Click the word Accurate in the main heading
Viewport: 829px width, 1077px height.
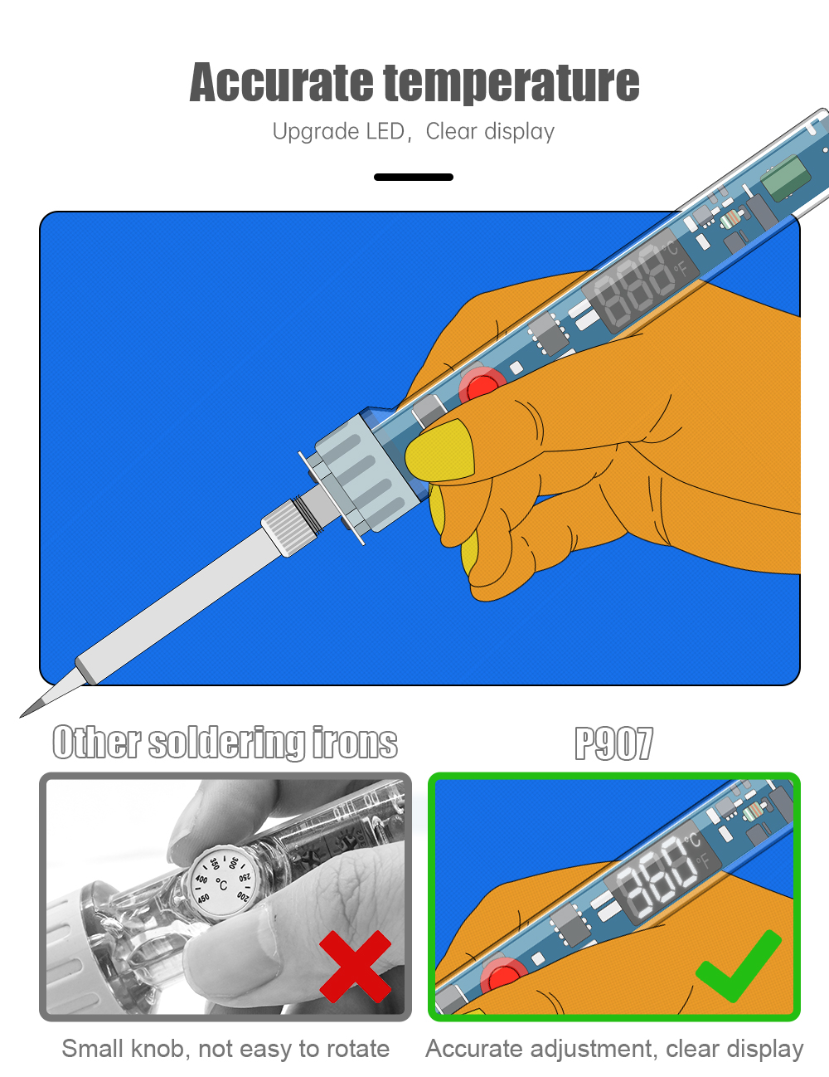pos(281,83)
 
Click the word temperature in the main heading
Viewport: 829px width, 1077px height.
pos(511,83)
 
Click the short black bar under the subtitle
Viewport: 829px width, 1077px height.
pos(413,177)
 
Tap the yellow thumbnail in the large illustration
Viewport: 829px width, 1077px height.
pos(440,450)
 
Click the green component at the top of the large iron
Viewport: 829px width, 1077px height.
pos(784,177)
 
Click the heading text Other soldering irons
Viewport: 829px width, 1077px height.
pos(225,743)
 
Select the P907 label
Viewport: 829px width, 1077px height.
pos(613,743)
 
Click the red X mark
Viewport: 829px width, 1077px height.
pos(355,965)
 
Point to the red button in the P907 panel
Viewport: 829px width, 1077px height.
pos(502,977)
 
